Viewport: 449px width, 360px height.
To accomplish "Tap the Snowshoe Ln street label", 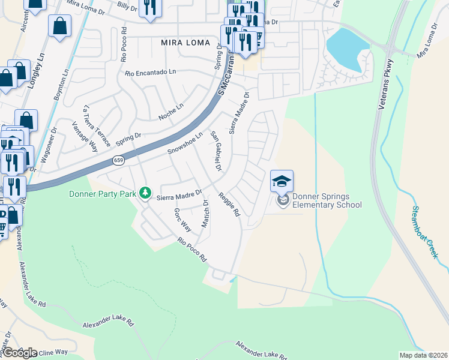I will point(185,143).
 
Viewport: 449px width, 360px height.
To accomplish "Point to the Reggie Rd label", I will point(229,203).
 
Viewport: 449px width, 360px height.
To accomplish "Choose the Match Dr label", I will point(205,215).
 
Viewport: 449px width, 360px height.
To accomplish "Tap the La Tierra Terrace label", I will point(97,126).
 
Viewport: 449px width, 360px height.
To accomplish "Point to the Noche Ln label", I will point(170,112).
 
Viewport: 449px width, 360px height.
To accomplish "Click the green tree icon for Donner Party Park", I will point(144,193).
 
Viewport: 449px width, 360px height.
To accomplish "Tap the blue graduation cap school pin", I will point(282,180).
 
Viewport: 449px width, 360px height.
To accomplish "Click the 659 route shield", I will point(118,161).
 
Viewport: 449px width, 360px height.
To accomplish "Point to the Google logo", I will point(20,352).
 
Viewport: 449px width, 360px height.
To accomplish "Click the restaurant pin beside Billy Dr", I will point(148,8).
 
